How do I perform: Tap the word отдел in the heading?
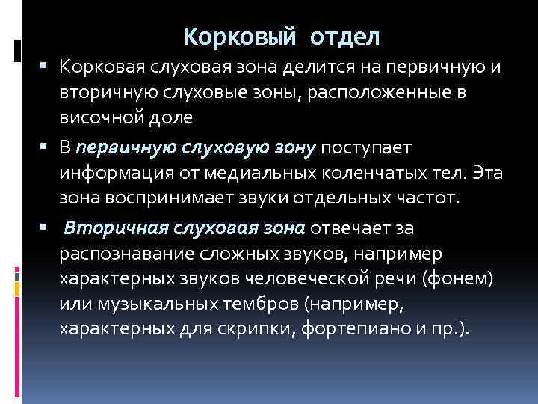pyautogui.click(x=347, y=35)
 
